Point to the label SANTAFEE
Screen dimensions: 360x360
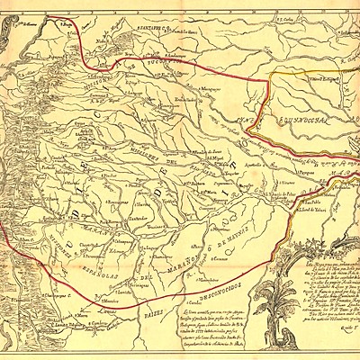tap(148, 28)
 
